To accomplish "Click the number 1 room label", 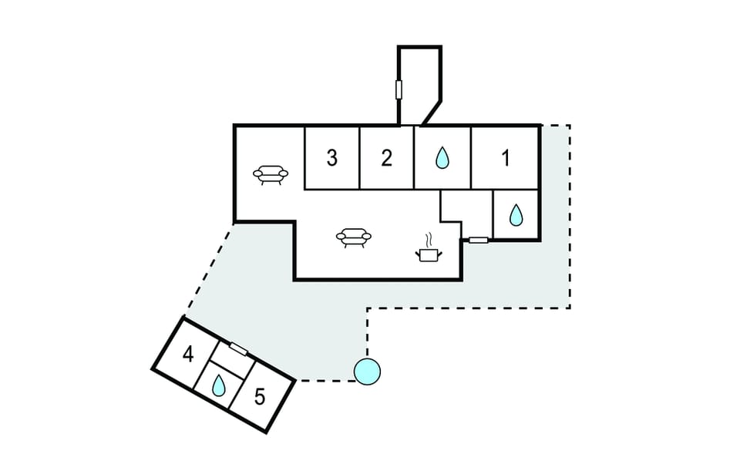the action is click(506, 159).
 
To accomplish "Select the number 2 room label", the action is click(387, 159).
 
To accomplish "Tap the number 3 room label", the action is click(332, 159).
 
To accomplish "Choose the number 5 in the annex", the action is click(260, 398).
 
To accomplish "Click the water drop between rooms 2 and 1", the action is click(442, 159).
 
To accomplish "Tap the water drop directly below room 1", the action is click(516, 215).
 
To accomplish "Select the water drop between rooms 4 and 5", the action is click(220, 384).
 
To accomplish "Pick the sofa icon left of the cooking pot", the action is click(354, 237).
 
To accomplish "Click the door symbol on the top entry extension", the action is click(399, 90).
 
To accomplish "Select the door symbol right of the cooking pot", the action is click(479, 241).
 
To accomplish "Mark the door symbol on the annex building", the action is click(238, 349).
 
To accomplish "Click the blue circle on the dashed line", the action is click(367, 372).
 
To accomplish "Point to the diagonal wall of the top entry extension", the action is click(432, 112).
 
